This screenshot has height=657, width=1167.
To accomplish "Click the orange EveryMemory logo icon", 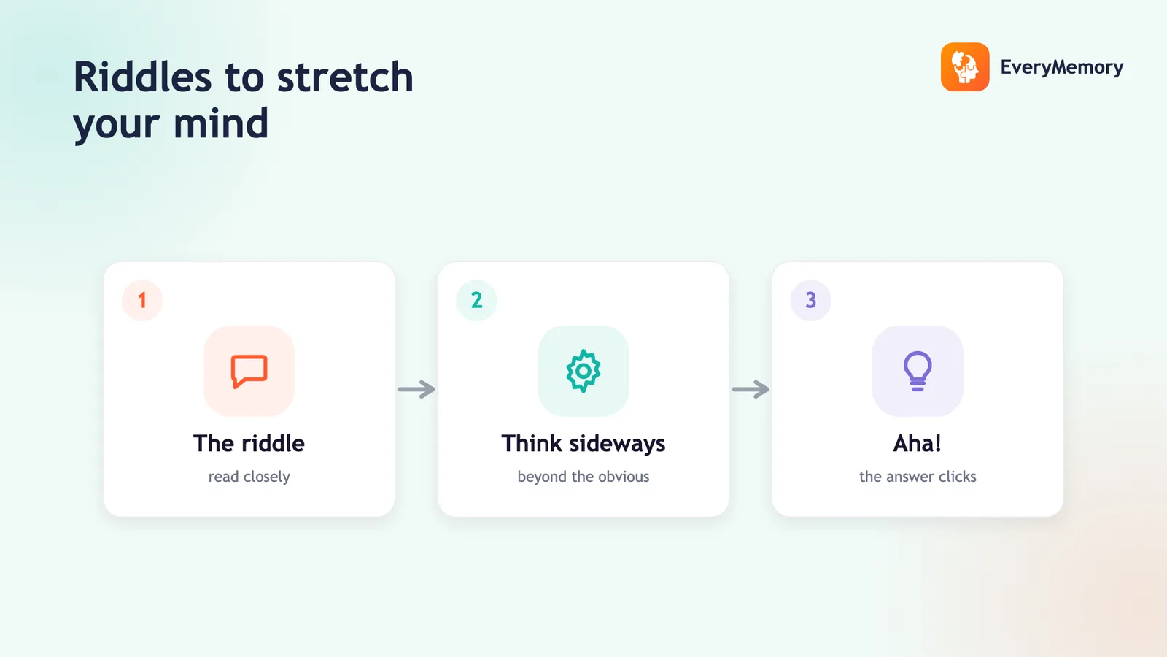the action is coord(965,66).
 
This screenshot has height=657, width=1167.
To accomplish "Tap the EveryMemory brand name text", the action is coord(1062,67).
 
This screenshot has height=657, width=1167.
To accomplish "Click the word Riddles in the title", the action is coord(142,77).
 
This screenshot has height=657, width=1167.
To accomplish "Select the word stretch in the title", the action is coord(345,77).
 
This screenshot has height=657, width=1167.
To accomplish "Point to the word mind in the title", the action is coord(220,123).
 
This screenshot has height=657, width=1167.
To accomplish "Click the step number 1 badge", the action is coord(142,300).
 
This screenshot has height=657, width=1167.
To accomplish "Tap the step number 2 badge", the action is coord(477,300).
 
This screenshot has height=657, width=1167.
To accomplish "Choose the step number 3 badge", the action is coord(810,300).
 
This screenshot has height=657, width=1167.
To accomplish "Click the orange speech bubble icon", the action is coord(249,372).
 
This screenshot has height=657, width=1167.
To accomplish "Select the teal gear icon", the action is coord(583,371).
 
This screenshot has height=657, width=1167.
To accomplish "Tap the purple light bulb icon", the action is coord(918,372).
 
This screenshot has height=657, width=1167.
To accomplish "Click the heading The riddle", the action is coord(249,443).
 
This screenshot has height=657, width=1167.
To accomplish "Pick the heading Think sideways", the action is coord(583,444).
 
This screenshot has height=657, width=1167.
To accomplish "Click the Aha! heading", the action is coord(918,443).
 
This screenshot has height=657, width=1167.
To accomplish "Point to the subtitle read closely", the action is coord(249,477).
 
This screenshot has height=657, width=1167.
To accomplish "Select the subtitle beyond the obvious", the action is coord(583,477).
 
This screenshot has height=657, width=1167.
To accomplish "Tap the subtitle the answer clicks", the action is coord(918,477).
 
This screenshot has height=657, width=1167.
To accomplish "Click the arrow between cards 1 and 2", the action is coord(416,389).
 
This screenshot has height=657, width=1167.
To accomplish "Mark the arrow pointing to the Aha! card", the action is coord(751,389).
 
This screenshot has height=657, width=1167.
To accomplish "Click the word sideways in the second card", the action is coord(617,444).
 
